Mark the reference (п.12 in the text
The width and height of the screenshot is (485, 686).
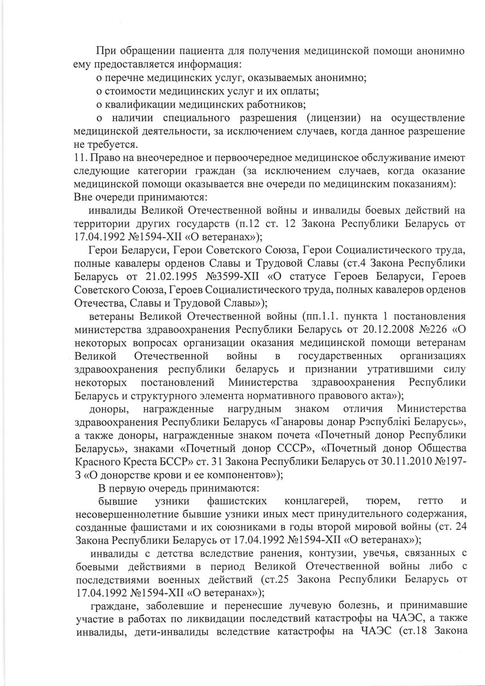(x=247, y=224)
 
